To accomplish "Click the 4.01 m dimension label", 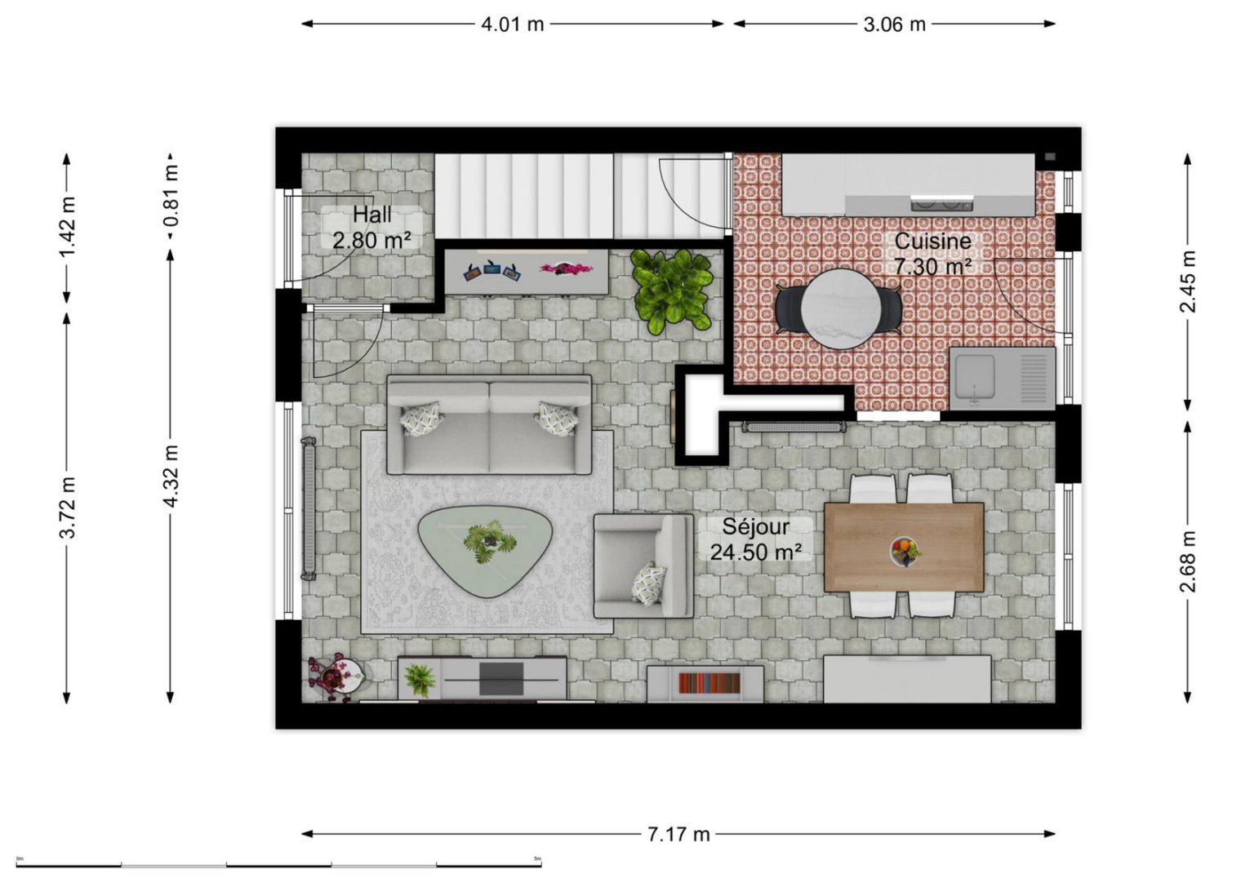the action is tap(512, 24).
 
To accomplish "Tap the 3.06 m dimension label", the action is tap(894, 24).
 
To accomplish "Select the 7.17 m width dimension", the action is tap(678, 835).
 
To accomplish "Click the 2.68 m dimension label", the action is tap(1187, 561).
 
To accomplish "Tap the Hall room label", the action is tap(371, 215).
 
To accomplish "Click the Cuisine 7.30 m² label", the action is tap(932, 254).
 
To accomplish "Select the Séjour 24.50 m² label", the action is tap(755, 539).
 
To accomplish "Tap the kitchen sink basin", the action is tap(975, 375).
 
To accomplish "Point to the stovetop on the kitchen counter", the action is tap(941, 204).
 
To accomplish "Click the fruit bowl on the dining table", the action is tap(905, 552).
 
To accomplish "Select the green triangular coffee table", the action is tap(486, 551).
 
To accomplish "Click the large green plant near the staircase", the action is tap(672, 290).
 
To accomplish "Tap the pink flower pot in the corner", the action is tap(336, 676).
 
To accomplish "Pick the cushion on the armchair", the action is tap(649, 583).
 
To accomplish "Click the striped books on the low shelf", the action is tap(709, 683).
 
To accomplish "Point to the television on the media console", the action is tap(501, 679).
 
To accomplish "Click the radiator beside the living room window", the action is tap(309, 508).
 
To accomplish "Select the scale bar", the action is tap(278, 865).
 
